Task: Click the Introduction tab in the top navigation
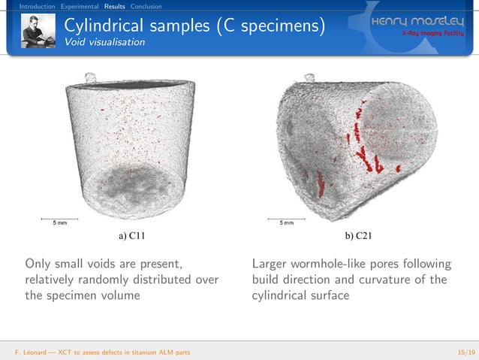pos(37,7)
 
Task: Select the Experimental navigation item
pos(80,7)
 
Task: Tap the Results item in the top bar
pos(114,7)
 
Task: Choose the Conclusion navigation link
pos(146,7)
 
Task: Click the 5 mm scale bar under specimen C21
pos(286,221)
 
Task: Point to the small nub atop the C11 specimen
pos(90,77)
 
